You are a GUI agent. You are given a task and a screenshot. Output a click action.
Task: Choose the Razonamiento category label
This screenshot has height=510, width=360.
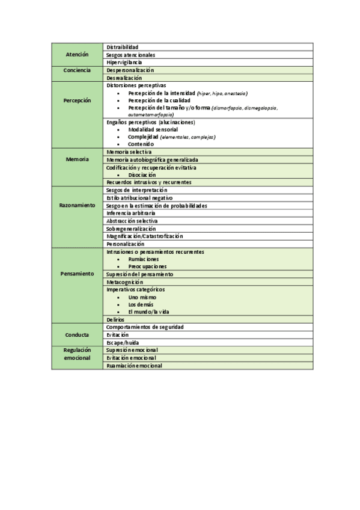(78, 205)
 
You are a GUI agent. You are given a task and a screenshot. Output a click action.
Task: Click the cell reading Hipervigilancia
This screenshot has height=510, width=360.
(124, 63)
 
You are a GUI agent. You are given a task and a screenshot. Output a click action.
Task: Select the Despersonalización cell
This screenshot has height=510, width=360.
(130, 70)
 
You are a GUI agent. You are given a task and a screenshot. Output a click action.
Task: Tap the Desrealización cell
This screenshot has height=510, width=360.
(124, 78)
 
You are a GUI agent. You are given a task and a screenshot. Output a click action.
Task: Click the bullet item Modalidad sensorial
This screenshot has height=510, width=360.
(153, 129)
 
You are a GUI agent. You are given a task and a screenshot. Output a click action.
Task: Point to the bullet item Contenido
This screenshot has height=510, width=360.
(141, 144)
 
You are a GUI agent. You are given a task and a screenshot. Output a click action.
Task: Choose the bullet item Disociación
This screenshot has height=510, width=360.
(142, 175)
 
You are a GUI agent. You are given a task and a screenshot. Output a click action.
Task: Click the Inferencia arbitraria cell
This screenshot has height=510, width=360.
(131, 213)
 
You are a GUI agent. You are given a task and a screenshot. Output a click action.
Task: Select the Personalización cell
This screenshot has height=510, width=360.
(126, 244)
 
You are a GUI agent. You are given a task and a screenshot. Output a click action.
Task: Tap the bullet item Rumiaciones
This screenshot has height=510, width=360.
(143, 259)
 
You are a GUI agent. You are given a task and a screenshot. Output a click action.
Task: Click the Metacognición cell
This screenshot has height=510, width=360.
(125, 281)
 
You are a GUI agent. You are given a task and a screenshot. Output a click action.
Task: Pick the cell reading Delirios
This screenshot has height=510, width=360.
(115, 319)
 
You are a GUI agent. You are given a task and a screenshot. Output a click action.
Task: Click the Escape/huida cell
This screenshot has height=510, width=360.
(122, 342)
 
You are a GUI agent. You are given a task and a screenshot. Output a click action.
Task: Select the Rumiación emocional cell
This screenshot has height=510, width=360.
(134, 365)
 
